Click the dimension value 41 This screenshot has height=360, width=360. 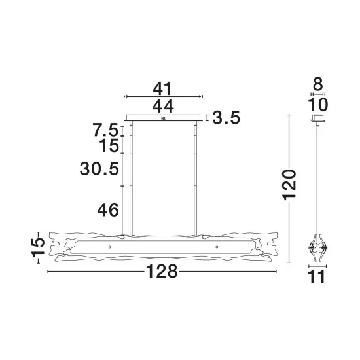point(162,89)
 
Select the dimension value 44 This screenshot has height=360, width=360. point(163,107)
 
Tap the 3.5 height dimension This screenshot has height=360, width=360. point(226,118)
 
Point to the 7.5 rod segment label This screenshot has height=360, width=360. point(105,130)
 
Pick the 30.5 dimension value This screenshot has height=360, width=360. point(99,169)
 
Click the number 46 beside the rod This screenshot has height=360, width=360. point(108,210)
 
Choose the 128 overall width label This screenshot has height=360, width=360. point(162,271)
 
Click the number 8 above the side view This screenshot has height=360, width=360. point(318,84)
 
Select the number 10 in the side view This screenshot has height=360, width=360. point(317,105)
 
